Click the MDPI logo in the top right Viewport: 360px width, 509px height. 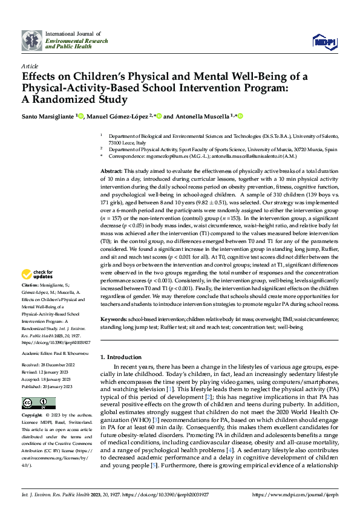(x=323, y=41)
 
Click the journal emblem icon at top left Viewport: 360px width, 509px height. (x=32, y=41)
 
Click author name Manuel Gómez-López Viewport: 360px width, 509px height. (x=117, y=116)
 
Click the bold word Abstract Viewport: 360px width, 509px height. (x=111, y=172)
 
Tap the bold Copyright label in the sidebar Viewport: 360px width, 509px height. (x=33, y=416)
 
